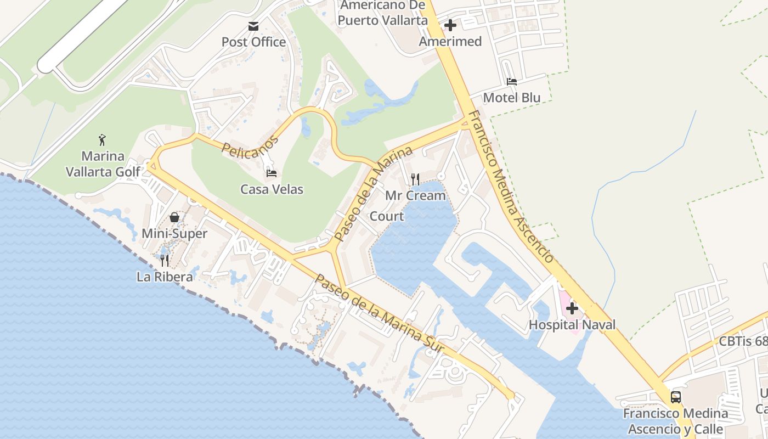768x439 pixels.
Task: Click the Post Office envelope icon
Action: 253,26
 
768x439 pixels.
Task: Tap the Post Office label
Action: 253,42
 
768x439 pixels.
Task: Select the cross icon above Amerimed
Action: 450,25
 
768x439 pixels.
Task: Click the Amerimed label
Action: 450,42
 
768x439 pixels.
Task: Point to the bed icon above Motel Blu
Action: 512,82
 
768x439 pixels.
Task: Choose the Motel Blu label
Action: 512,98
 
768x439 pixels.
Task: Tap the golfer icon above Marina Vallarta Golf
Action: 103,140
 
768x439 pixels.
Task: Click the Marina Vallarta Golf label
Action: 103,164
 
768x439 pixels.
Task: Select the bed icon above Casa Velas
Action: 272,173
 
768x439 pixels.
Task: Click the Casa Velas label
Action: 272,190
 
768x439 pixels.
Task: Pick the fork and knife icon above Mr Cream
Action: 415,179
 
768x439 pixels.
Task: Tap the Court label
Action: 387,216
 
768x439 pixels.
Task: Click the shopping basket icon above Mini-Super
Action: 174,217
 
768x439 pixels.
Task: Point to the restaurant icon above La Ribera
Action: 165,260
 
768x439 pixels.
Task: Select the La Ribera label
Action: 165,277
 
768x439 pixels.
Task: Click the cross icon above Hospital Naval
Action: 572,308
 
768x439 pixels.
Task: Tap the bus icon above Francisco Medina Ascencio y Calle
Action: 676,397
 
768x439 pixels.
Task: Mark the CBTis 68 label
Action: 743,341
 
